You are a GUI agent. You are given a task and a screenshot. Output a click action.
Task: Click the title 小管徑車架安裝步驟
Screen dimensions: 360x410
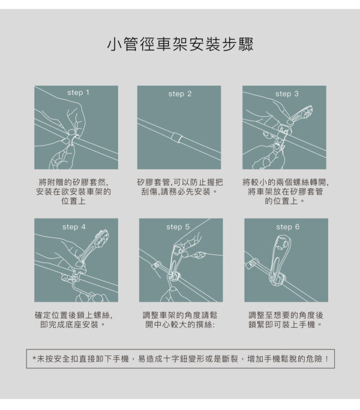click(x=180, y=44)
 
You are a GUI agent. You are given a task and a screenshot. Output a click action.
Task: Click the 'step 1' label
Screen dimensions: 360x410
click(x=78, y=92)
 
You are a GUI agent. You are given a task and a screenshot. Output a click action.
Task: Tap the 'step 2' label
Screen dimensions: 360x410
click(x=180, y=94)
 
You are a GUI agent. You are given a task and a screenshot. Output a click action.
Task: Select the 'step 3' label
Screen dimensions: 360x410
click(x=287, y=94)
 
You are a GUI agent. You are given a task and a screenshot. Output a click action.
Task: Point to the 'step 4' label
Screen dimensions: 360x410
click(x=74, y=227)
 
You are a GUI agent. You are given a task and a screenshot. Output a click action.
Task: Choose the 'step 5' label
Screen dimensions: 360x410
click(x=178, y=227)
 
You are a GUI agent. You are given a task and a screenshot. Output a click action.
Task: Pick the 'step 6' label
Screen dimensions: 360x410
click(x=288, y=227)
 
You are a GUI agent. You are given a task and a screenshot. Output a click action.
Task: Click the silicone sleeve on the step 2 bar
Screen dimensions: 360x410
click(x=176, y=137)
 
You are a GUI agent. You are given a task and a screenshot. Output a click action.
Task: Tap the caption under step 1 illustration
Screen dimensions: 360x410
click(x=74, y=191)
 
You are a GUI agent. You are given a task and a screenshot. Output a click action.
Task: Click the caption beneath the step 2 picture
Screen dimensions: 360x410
click(x=180, y=186)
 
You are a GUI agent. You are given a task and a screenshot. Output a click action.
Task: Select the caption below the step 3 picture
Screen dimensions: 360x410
click(x=286, y=191)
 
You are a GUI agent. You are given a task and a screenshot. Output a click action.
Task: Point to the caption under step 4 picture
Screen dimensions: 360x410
click(x=74, y=320)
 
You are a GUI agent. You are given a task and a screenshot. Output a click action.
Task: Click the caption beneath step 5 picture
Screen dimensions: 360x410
click(x=180, y=320)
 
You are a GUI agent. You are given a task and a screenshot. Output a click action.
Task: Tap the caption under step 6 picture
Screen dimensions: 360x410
click(x=286, y=320)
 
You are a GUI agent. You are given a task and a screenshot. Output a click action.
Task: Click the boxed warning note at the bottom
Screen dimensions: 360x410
click(x=181, y=358)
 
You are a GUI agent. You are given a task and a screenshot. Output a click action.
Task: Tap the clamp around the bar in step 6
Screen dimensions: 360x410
click(x=277, y=279)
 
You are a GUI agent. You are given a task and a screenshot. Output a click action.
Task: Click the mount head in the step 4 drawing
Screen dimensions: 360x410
click(x=101, y=238)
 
